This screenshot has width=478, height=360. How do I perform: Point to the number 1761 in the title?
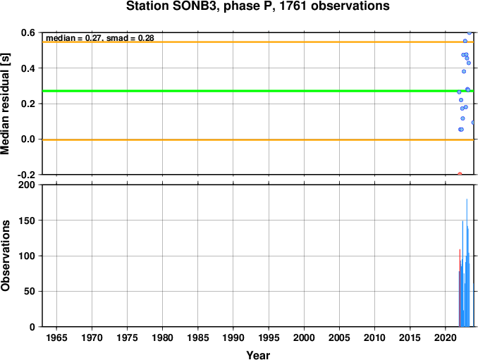pyautogui.click(x=293, y=6)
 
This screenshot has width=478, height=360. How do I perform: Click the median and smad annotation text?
pyautogui.click(x=100, y=38)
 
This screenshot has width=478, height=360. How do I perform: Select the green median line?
pyautogui.click(x=258, y=91)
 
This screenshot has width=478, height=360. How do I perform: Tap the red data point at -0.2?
pyautogui.click(x=460, y=174)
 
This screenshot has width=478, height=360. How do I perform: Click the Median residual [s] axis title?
pyautogui.click(x=5, y=104)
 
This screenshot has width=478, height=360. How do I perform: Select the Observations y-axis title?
pyautogui.click(x=5, y=256)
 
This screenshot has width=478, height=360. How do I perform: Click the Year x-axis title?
pyautogui.click(x=258, y=355)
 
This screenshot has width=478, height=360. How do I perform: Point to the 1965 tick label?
pyautogui.click(x=56, y=337)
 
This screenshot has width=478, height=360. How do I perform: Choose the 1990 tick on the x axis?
pyautogui.click(x=233, y=337)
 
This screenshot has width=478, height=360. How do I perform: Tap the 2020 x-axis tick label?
pyautogui.click(x=446, y=337)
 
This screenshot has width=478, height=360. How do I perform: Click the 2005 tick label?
pyautogui.click(x=339, y=337)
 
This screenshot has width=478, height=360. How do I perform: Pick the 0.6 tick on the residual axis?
pyautogui.click(x=28, y=32)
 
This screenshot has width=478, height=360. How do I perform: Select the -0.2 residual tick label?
pyautogui.click(x=26, y=175)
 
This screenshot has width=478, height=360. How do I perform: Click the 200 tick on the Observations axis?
pyautogui.click(x=27, y=185)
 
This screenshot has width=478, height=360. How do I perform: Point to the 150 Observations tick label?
pyautogui.click(x=27, y=221)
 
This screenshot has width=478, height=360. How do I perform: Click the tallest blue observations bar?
pyautogui.click(x=467, y=263)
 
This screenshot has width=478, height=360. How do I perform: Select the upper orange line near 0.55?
pyautogui.click(x=258, y=42)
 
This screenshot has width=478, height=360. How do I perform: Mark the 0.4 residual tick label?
pyautogui.click(x=28, y=68)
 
